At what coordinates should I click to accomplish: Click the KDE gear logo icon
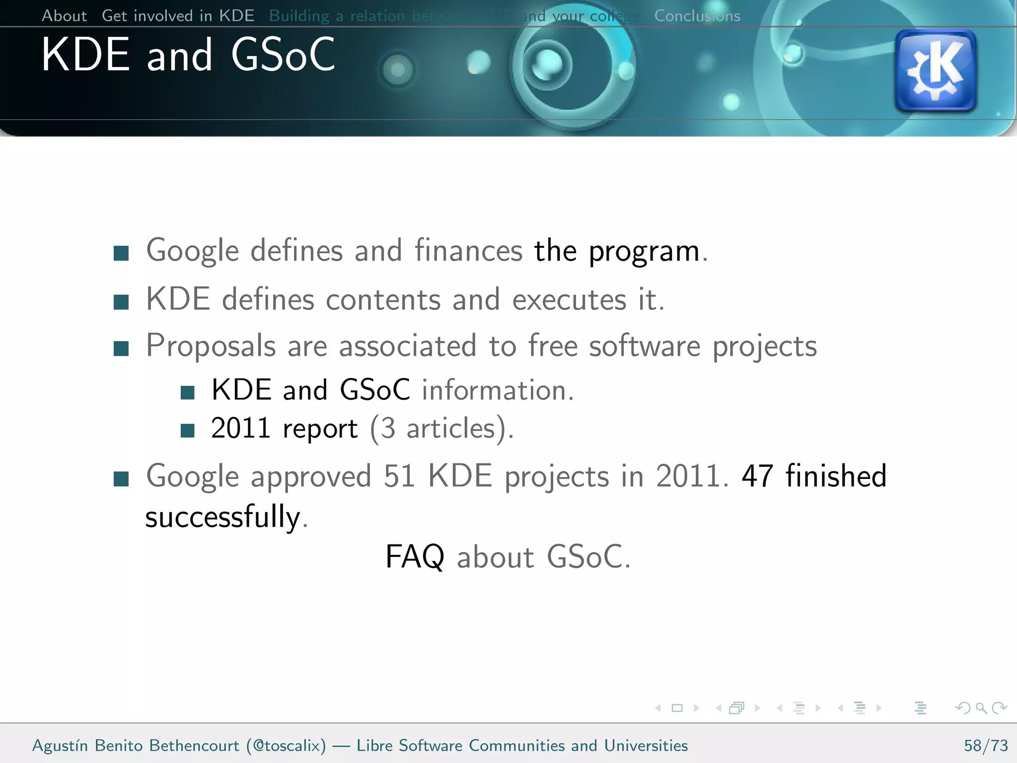pos(935,71)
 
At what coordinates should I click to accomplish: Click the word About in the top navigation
pos(64,16)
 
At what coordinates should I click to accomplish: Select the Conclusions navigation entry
pos(697,16)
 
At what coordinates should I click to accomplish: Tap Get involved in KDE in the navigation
pos(178,16)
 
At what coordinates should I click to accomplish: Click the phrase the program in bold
pos(617,251)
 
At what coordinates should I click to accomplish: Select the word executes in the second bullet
pos(569,300)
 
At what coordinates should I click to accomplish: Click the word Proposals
pos(211,346)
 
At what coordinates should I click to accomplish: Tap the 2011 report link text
pos(284,428)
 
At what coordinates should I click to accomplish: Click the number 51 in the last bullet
pos(399,476)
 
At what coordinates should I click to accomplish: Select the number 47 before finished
pos(757,476)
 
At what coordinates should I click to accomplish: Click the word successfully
pos(223,517)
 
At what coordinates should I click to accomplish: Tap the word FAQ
pos(415,556)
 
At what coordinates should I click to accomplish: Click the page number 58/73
pos(985,746)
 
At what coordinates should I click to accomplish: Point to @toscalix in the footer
pos(286,746)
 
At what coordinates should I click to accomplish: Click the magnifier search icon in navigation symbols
pos(981,708)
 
